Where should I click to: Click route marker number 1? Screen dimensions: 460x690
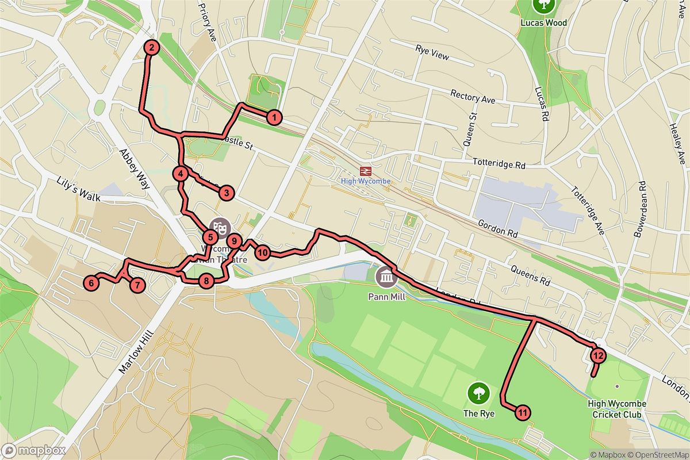tap(275, 118)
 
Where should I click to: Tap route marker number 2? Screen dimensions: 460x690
tap(151, 48)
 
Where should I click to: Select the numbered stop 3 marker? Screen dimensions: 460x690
tap(227, 193)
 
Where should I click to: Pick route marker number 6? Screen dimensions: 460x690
tap(91, 282)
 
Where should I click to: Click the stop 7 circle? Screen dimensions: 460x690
tap(137, 284)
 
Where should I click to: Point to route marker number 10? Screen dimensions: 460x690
tap(263, 252)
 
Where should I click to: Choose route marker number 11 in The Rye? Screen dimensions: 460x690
tap(523, 412)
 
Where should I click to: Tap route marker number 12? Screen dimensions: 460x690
tap(598, 355)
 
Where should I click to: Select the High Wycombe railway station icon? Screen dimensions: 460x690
tap(364, 171)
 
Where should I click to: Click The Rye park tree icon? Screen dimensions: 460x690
tap(477, 394)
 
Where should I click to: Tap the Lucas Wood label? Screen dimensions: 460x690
tap(543, 23)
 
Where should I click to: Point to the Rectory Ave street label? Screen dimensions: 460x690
tap(473, 96)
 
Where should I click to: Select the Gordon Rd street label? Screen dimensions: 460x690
tap(497, 230)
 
